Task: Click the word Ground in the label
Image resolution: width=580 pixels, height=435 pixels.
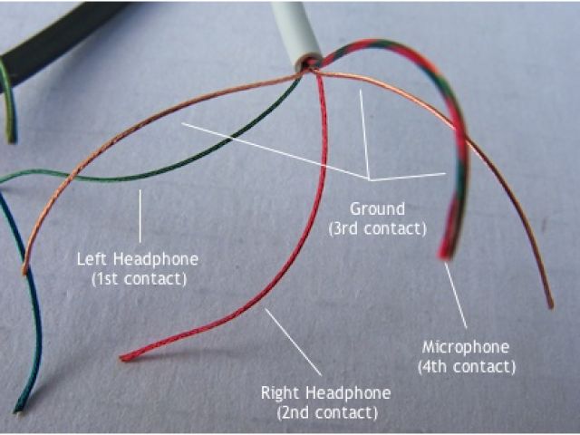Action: pos(377,210)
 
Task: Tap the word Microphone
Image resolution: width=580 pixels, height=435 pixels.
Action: pos(466,348)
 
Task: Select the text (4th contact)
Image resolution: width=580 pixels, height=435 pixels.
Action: pos(466,367)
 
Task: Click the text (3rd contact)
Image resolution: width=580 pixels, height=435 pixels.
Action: pos(377,229)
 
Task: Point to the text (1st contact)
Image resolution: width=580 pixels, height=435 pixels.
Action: pos(139,278)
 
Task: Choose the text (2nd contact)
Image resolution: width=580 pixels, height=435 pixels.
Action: pos(325,412)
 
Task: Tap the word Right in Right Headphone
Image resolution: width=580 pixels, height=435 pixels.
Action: pos(280,393)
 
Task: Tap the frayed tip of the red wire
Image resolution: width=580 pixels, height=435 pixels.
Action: pos(126,357)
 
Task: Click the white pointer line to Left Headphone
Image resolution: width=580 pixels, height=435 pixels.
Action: pos(140,217)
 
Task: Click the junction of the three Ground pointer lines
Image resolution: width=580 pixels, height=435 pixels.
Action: pos(369,176)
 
